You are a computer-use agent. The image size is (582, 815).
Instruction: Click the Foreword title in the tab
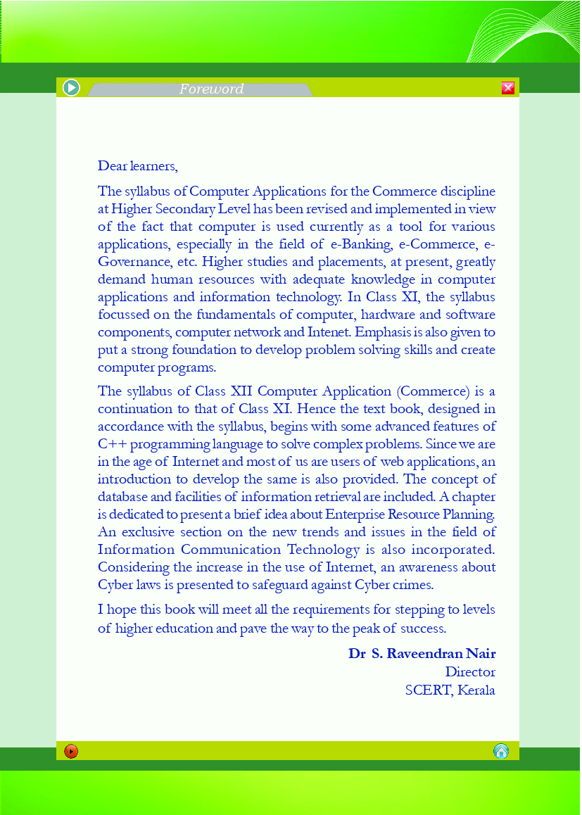point(211,89)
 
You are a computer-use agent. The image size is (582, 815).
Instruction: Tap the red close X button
point(508,87)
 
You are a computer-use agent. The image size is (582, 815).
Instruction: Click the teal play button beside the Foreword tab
point(71,87)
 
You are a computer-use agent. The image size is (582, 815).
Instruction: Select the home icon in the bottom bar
point(501,751)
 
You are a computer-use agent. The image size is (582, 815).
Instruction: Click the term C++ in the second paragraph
point(112,444)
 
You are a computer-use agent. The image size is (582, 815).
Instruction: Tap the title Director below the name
point(470,672)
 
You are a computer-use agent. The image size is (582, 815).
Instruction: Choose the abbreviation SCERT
point(428,690)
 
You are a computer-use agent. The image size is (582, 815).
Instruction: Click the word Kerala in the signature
point(476,690)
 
